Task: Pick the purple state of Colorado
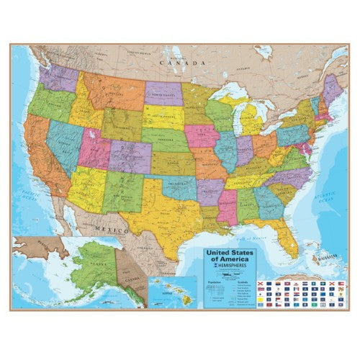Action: click(x=130, y=155)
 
